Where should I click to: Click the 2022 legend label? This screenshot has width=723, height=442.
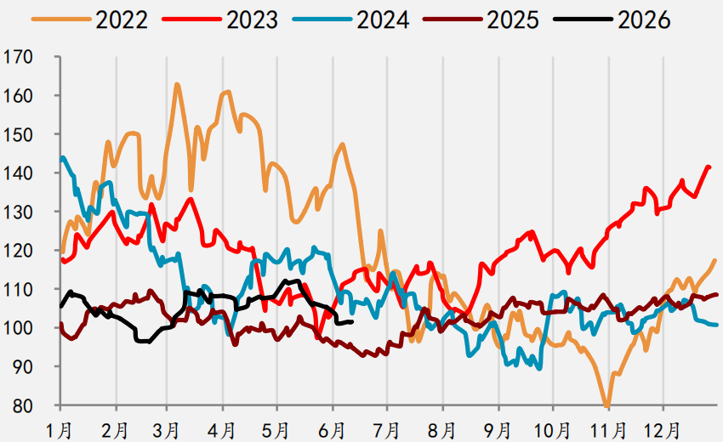point(122,20)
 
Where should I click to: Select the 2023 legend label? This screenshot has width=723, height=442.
point(253,20)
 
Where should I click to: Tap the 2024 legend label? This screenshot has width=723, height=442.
point(383,20)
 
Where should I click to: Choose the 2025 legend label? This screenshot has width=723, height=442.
point(513,20)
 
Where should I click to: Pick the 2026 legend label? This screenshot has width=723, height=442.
point(644,20)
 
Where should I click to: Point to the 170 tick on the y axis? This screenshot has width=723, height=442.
point(18,57)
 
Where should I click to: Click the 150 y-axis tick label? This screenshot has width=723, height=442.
point(18,134)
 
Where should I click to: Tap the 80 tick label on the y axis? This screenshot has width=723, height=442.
point(23,405)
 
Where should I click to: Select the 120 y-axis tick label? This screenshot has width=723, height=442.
point(18,251)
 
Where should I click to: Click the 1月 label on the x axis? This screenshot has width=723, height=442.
point(60,430)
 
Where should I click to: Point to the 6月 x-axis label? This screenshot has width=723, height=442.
point(332,430)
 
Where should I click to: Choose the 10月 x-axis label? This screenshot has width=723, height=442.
point(552,430)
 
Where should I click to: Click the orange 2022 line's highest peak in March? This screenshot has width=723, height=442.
point(177,84)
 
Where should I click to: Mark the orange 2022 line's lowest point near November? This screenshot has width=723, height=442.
point(606,406)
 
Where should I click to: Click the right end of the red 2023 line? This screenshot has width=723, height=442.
point(709,167)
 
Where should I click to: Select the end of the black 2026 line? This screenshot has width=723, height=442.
point(352,321)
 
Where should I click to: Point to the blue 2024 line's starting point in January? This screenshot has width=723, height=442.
point(61,158)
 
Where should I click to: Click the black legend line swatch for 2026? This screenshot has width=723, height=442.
point(584,20)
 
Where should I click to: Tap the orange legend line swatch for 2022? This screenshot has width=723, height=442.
point(61,20)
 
